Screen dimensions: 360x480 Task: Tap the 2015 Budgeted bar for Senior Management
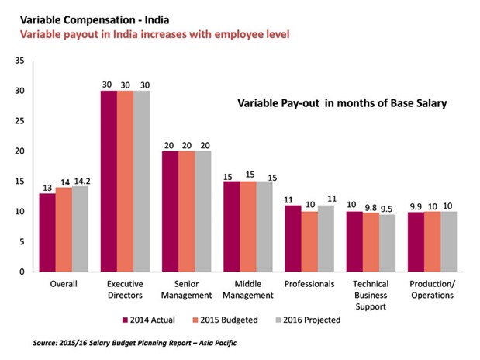click(188, 211)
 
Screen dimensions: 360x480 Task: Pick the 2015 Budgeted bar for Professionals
click(310, 241)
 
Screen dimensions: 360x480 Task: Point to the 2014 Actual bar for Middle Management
click(231, 226)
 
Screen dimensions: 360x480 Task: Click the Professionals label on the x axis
click(310, 284)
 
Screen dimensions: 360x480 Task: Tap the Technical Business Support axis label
click(371, 295)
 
